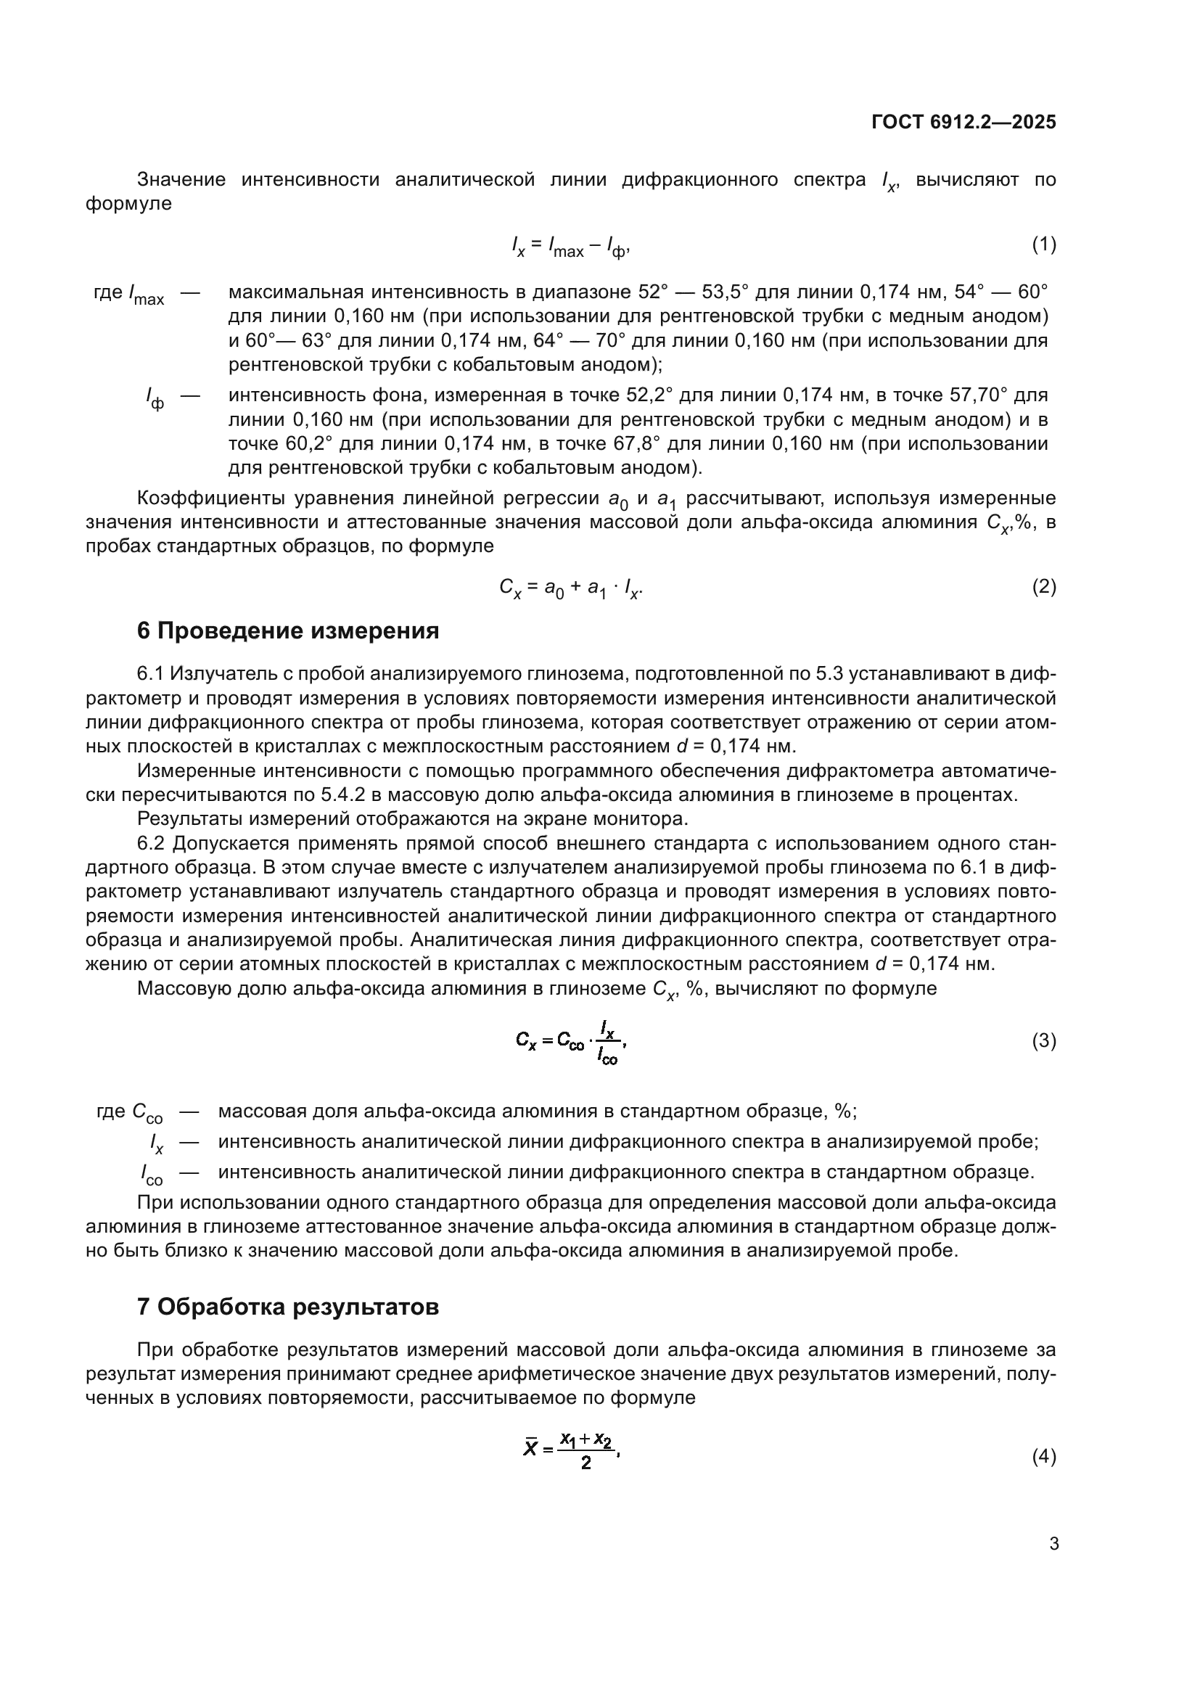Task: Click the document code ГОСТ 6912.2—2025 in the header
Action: (x=963, y=122)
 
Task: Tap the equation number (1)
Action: (x=1043, y=244)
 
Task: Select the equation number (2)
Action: (x=1043, y=587)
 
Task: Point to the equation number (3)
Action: (x=1043, y=1041)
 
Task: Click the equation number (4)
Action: (x=1043, y=1457)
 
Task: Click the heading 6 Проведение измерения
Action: (x=288, y=630)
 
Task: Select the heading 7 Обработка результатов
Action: (x=288, y=1307)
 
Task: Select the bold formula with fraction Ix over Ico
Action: (x=572, y=1041)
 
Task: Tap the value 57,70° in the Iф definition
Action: (x=977, y=395)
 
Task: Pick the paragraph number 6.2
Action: (x=152, y=843)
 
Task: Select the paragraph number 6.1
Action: (x=152, y=673)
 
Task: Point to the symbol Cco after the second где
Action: (x=147, y=1113)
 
